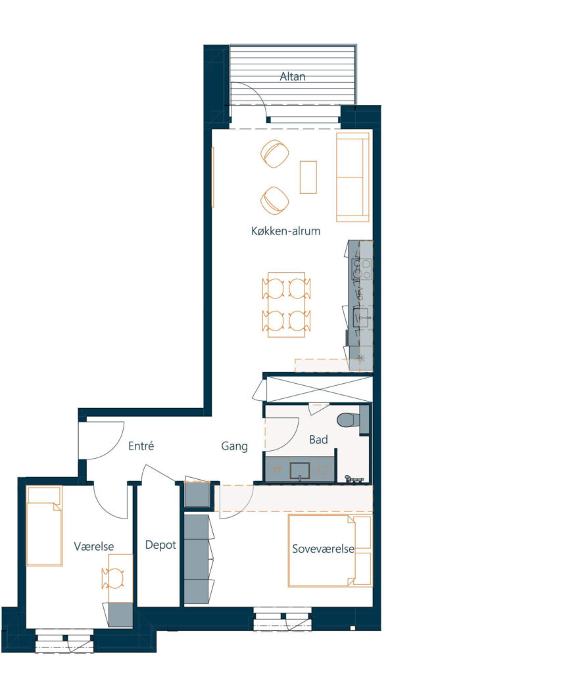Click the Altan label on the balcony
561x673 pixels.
[x=293, y=76]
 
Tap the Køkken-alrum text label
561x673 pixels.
[x=285, y=231]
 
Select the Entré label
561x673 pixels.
[x=141, y=446]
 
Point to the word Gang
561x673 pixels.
[x=234, y=446]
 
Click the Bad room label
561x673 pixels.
[x=318, y=440]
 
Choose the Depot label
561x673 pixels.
[x=160, y=545]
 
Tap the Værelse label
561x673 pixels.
[x=93, y=546]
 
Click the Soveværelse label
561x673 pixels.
[x=323, y=549]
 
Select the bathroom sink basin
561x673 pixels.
[x=300, y=471]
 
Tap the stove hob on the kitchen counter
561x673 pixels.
[x=361, y=269]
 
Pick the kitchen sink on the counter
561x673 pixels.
[x=362, y=317]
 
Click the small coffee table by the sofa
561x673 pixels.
[x=308, y=177]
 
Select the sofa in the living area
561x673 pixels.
[x=353, y=177]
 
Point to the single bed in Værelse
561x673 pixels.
[x=44, y=526]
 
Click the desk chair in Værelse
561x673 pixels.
[x=113, y=578]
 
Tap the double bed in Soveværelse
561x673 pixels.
[x=330, y=551]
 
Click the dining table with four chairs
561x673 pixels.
[x=287, y=304]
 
